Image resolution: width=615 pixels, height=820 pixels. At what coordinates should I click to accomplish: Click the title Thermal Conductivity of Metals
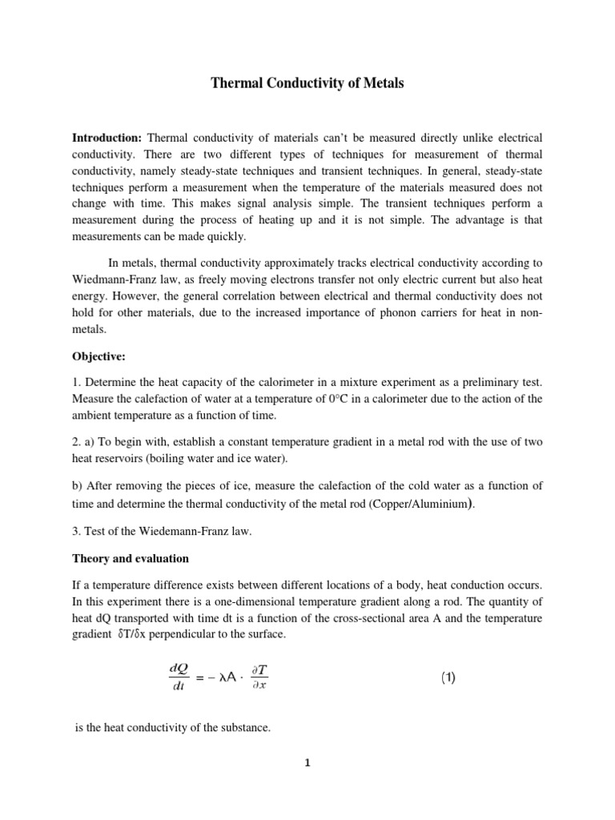[x=307, y=82]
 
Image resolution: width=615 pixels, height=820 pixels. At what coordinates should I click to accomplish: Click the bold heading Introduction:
[x=107, y=138]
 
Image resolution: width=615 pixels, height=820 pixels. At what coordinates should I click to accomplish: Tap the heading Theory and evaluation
[x=132, y=558]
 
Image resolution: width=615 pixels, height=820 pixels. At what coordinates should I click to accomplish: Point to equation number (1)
[x=448, y=677]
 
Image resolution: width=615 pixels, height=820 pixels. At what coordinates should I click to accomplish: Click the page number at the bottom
[x=307, y=762]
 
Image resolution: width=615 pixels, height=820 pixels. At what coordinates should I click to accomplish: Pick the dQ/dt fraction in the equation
[x=178, y=677]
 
